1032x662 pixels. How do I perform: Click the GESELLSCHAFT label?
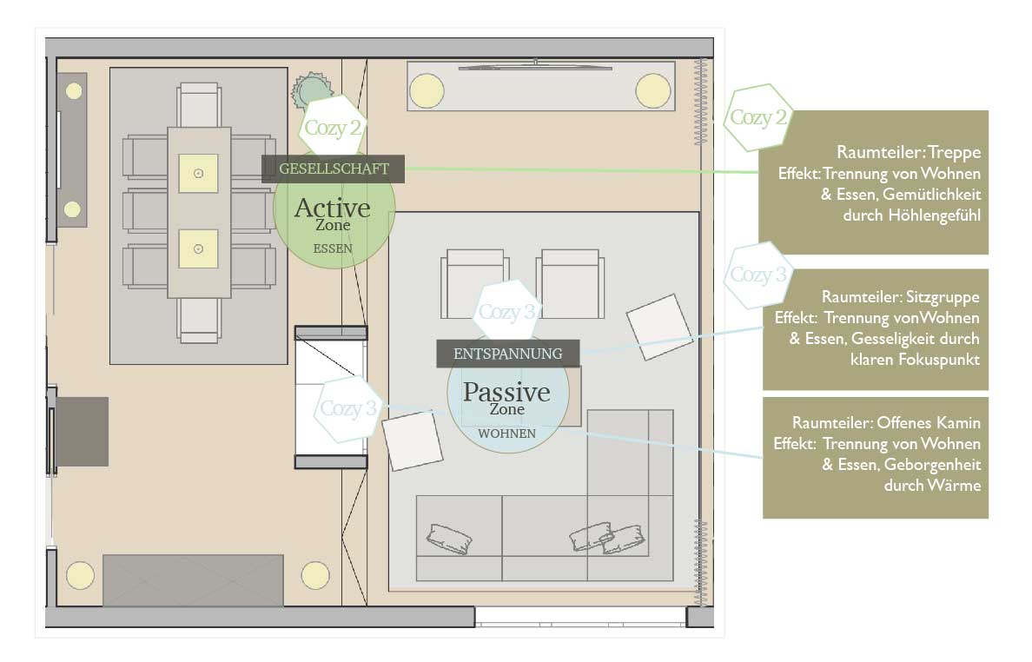(x=333, y=169)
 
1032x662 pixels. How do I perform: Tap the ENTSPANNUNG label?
(x=507, y=354)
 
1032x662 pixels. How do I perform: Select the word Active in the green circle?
(x=333, y=208)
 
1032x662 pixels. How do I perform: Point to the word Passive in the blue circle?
(x=506, y=392)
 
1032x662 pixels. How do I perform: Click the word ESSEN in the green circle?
(x=333, y=248)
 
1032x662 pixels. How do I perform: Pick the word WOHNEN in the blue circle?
(x=506, y=434)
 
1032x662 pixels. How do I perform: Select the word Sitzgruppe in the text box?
(x=943, y=297)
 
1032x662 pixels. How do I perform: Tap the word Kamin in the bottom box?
(x=960, y=422)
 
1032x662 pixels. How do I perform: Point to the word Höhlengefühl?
(x=935, y=215)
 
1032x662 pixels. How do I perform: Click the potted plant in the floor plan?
(x=311, y=90)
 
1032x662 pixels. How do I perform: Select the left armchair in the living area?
(x=474, y=283)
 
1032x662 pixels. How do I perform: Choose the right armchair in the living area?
(x=570, y=283)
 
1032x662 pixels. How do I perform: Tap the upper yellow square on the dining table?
(x=198, y=174)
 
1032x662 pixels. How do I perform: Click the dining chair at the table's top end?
(x=198, y=105)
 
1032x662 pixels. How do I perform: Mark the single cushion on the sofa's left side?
(x=449, y=539)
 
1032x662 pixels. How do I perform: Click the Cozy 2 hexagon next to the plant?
(x=332, y=126)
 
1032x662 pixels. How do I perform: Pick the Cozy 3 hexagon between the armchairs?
(x=506, y=311)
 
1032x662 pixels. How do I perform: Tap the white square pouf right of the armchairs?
(x=658, y=327)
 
